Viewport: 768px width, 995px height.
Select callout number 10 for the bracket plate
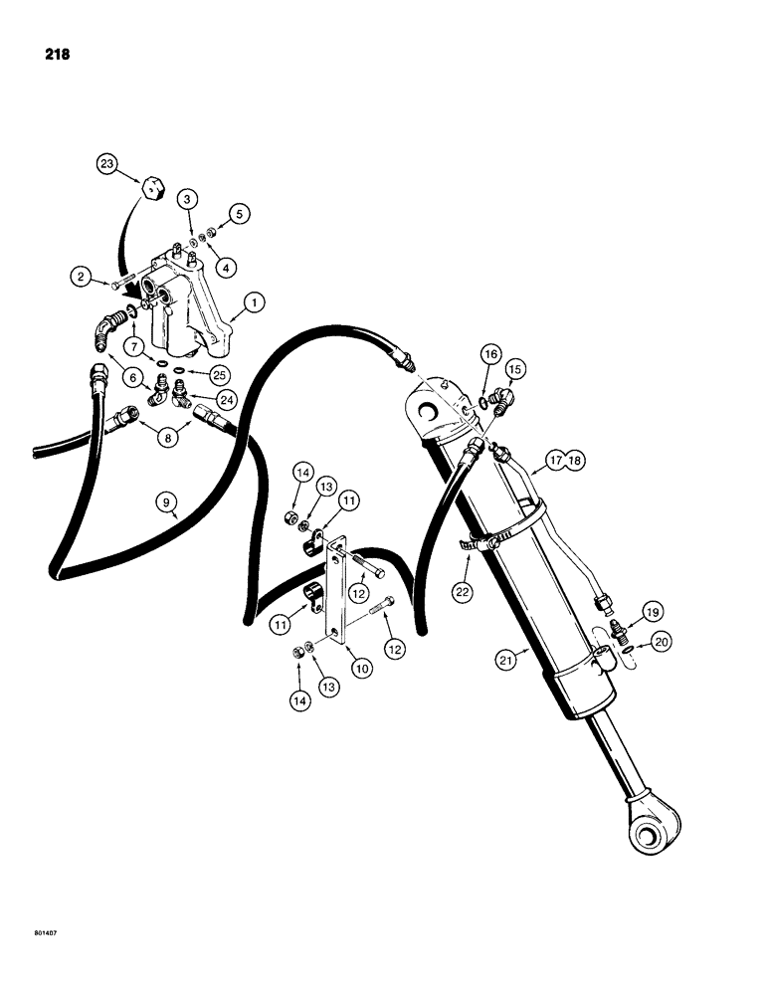click(x=361, y=670)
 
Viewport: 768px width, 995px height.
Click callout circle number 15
click(x=516, y=368)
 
